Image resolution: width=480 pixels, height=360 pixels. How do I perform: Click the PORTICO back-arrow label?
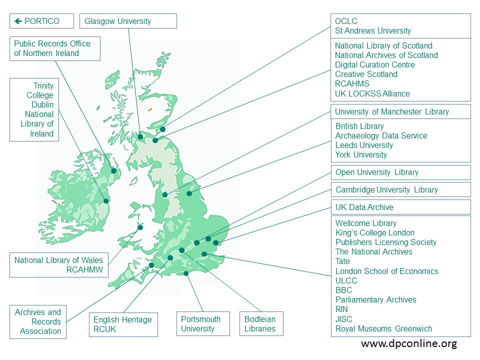pos(37,21)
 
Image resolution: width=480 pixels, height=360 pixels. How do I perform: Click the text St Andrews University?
pos(373,30)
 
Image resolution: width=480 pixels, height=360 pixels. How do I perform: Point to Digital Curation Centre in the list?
pos(374,64)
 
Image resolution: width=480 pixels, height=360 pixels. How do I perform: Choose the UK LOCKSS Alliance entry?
pos(372,93)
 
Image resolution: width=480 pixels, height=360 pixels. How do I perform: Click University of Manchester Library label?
pos(391,111)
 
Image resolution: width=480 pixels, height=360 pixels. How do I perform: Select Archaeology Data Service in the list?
pos(381,135)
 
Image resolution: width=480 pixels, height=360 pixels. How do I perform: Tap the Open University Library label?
pos(376,172)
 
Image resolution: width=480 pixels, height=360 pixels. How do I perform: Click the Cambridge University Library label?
pos(386,189)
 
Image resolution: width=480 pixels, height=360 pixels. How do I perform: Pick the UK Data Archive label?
pos(364,207)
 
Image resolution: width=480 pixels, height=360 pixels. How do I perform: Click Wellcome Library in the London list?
pos(365,223)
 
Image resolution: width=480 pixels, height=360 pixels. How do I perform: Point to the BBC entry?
pos(343,290)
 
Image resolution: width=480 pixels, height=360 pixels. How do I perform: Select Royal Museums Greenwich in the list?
pos(383,328)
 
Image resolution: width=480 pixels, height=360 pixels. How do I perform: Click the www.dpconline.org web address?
pos(408,344)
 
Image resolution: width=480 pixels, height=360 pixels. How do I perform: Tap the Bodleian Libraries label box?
pos(260,323)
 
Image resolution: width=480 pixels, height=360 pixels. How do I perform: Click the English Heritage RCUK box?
pos(122,324)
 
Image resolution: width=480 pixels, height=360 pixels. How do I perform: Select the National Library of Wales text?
pos(58,260)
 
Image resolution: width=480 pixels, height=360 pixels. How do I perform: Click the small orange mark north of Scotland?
pos(149,109)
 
